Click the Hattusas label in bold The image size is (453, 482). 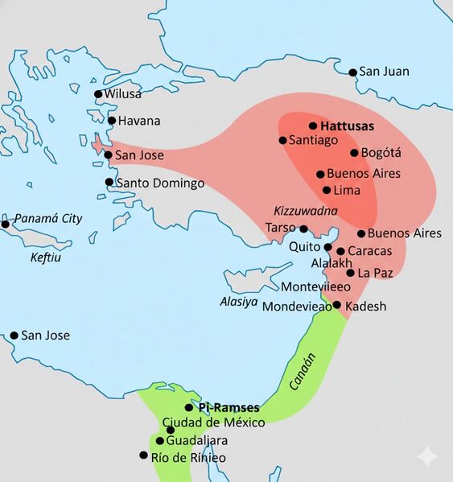pos(348,126)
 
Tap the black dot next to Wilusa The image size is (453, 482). pos(98,94)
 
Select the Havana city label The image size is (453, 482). pos(139,121)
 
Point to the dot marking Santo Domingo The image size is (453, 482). pos(109,183)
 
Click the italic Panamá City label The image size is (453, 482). pos(48,219)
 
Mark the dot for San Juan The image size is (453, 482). pos(352,72)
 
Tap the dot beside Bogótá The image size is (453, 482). pos(354,153)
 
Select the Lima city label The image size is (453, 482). pos(352,191)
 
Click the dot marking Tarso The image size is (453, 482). pos(303,229)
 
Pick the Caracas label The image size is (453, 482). pos(369,251)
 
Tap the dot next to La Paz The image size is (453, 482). pos(350,273)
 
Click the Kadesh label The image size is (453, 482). pos(366,307)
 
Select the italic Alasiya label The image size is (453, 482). pos(238,302)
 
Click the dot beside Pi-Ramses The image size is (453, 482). pos(189,408)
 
